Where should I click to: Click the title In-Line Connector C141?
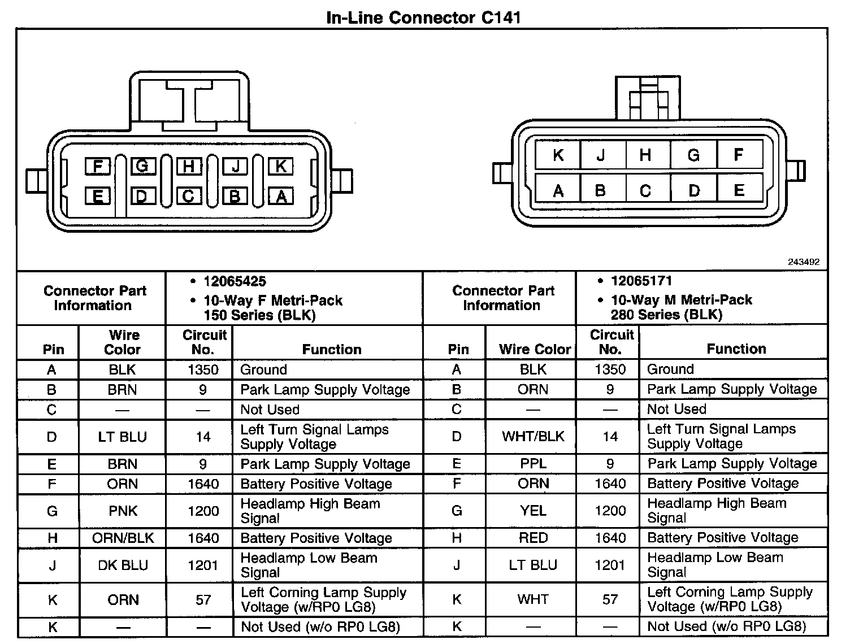point(424,17)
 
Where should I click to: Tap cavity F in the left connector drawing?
point(98,167)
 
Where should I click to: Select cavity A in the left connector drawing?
point(281,196)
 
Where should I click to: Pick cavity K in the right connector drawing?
point(558,155)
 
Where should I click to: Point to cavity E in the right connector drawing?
point(739,190)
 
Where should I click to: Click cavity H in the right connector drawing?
point(645,155)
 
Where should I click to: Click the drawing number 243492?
point(803,262)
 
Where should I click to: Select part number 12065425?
point(235,281)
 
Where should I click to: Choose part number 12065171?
point(641,281)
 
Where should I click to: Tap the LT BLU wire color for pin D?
point(122,437)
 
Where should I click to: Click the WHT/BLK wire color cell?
point(533,436)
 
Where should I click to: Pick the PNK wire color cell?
point(123,511)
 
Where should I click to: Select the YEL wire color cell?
point(533,511)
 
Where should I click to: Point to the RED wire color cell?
point(533,538)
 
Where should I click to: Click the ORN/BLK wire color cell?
point(123,538)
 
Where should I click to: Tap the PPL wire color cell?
point(533,464)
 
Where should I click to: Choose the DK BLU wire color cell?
point(123,565)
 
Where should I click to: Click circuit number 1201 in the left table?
point(203,565)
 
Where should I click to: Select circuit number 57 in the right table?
point(610,599)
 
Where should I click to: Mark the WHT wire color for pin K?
point(533,599)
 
